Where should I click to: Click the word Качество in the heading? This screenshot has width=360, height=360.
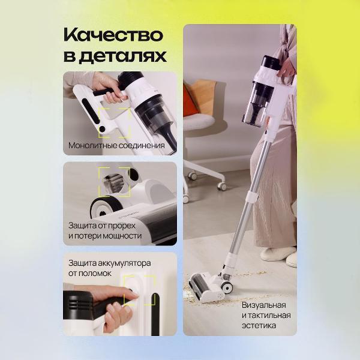pyautogui.click(x=113, y=35)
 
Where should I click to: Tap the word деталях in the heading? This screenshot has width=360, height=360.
pyautogui.click(x=122, y=56)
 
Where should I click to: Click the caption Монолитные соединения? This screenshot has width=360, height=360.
pyautogui.click(x=116, y=145)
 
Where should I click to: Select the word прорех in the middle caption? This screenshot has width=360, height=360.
pyautogui.click(x=121, y=226)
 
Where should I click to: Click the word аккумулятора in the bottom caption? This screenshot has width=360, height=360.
pyautogui.click(x=124, y=263)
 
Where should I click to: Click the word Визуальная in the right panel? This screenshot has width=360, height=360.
pyautogui.click(x=264, y=305)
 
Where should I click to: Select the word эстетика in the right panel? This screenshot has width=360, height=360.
pyautogui.click(x=259, y=326)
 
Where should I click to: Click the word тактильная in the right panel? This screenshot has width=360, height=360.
pyautogui.click(x=269, y=316)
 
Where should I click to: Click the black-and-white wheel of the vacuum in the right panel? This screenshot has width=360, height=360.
pyautogui.click(x=227, y=286)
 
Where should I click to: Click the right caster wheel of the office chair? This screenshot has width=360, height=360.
pyautogui.click(x=222, y=186)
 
